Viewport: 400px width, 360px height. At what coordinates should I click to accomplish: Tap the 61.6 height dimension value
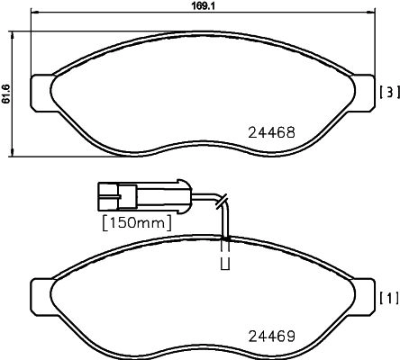click(6, 94)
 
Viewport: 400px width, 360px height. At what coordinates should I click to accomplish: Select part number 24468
click(272, 132)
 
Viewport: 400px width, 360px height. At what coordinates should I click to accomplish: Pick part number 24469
click(272, 337)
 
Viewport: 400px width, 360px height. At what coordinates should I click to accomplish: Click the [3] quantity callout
click(389, 92)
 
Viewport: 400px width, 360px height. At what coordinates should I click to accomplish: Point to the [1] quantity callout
click(389, 298)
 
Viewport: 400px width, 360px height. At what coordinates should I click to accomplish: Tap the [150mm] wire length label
click(137, 223)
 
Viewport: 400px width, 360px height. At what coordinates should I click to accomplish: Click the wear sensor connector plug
click(144, 196)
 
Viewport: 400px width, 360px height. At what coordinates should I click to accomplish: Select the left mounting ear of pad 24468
click(42, 93)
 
